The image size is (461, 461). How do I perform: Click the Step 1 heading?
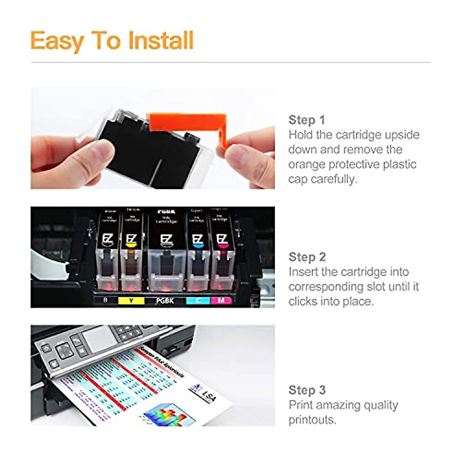(307, 120)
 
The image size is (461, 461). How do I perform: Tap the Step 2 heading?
(307, 257)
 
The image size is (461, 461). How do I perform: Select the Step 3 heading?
(307, 390)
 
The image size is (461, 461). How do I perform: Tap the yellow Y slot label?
(131, 300)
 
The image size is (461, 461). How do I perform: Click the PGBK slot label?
(165, 301)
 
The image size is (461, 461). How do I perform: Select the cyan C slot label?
(198, 300)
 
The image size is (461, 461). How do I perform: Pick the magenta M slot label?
(221, 300)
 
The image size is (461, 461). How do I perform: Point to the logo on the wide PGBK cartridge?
(166, 241)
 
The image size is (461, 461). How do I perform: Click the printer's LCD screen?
(98, 338)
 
